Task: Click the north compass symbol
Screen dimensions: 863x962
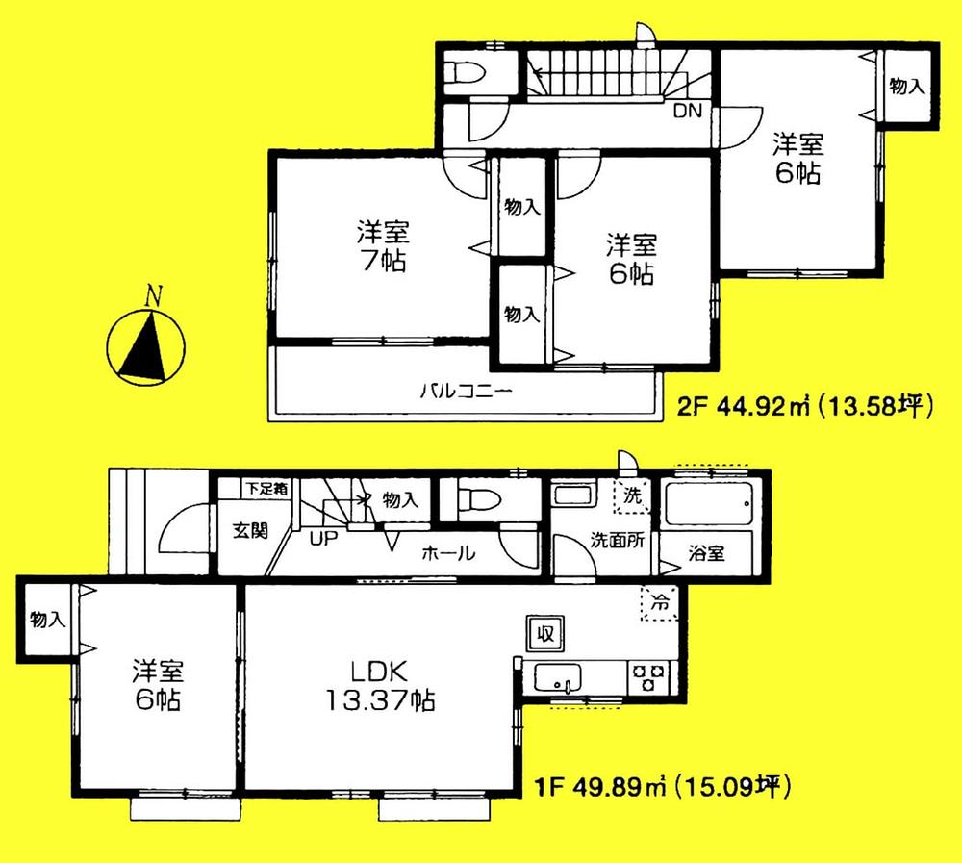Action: [x=147, y=344]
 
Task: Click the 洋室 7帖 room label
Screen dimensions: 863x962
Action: [x=383, y=246]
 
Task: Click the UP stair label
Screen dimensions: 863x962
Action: [x=323, y=538]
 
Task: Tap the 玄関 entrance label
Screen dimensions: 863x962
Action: [x=248, y=530]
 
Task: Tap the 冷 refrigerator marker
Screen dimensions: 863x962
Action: [x=660, y=604]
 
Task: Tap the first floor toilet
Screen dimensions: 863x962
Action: [x=473, y=500]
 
